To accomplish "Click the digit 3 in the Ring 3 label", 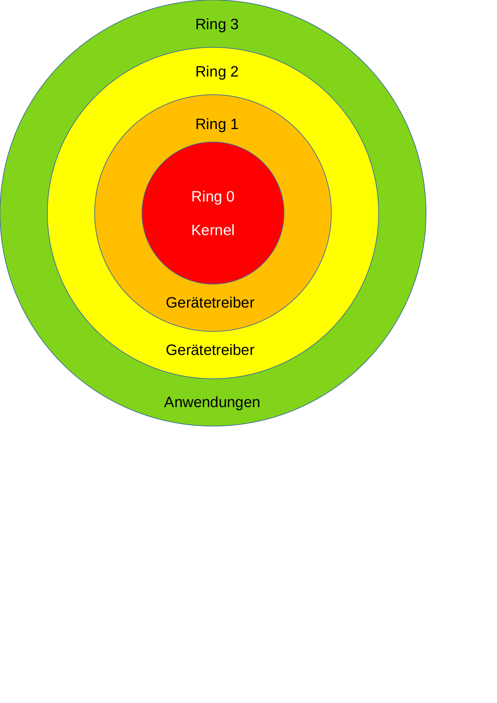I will pos(234,25).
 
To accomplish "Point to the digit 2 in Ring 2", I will pos(234,72).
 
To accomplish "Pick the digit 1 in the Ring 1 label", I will pos(234,124).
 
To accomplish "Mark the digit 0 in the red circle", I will pos(230,197).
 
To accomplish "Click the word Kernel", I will pos(213,230).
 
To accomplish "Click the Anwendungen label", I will pos(212,402).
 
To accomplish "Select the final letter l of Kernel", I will pos(233,230).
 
